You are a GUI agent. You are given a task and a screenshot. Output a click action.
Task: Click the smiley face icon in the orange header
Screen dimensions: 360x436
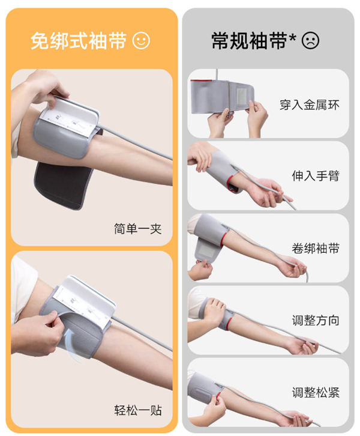pos(141,40)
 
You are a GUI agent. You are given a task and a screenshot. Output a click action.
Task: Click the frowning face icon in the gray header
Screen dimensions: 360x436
pos(310,40)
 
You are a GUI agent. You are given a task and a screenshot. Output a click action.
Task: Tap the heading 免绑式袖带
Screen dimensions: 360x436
pos(79,41)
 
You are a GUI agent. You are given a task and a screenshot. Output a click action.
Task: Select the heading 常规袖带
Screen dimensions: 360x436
pos(249,41)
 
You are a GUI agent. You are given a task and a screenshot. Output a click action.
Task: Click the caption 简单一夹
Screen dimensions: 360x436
pos(138,229)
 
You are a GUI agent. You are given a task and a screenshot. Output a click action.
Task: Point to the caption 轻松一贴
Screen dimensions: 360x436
pos(138,410)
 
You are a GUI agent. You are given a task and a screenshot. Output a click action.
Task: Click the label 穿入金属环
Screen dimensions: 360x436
pos(310,105)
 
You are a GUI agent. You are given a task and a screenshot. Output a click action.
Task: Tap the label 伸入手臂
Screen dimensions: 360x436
pos(316,176)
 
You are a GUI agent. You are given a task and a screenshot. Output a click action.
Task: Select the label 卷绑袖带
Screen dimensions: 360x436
pos(316,248)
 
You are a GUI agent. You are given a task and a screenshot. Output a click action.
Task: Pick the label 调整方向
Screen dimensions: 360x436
pos(316,320)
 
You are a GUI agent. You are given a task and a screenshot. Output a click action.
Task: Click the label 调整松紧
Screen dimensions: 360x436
pos(316,393)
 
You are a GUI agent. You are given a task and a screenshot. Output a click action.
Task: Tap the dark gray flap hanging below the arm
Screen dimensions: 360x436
pos(64,186)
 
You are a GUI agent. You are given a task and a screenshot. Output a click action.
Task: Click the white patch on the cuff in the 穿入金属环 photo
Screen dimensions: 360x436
pos(241,96)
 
